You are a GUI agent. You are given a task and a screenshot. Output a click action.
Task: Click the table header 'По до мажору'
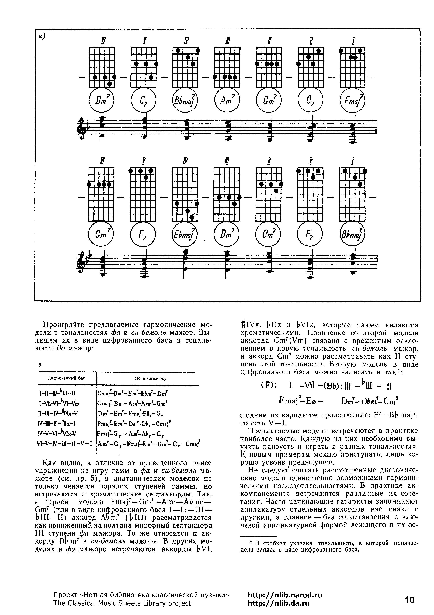[151, 379]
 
